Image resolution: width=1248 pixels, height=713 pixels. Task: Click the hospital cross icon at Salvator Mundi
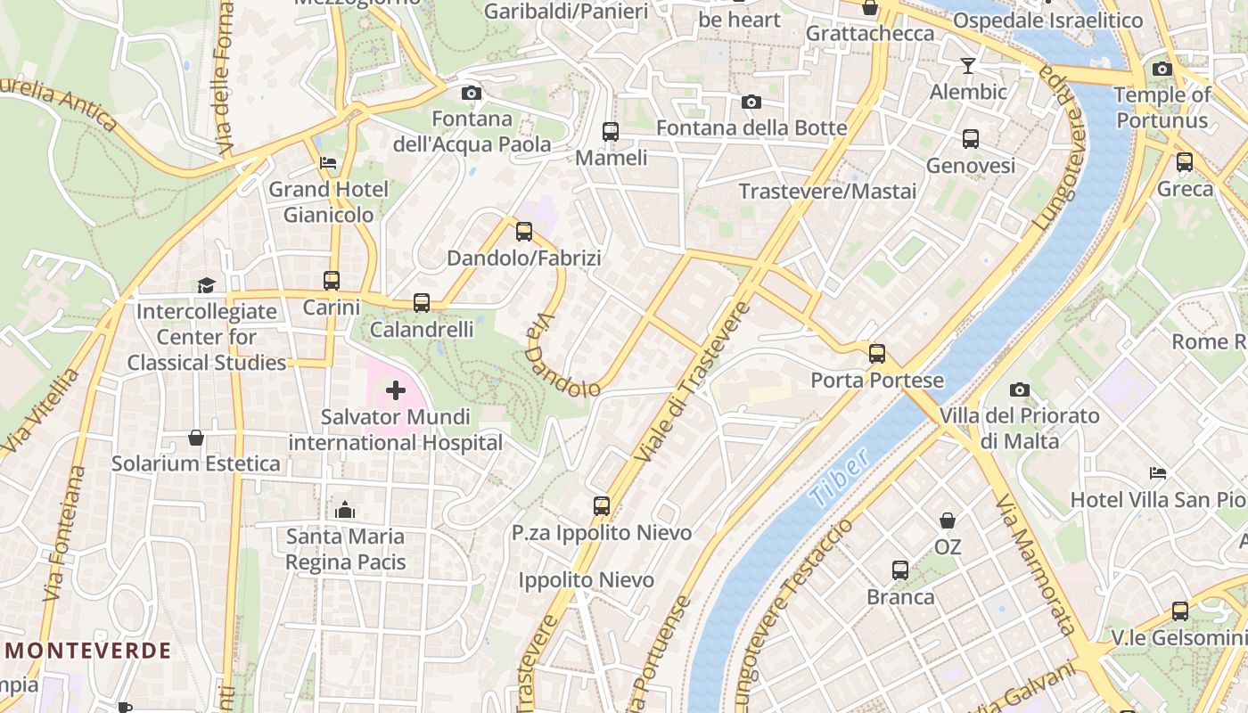396,390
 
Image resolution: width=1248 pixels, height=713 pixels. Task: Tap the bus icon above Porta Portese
877,354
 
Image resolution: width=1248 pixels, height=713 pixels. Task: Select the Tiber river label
841,479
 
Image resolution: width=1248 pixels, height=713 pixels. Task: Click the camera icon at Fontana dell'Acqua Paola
472,93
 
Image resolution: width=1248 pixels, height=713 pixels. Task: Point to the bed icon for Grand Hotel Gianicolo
328,163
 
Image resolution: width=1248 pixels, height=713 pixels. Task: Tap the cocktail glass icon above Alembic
968,66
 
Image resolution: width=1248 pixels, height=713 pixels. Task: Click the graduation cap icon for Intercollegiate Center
206,285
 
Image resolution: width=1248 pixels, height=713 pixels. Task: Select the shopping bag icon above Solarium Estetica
196,438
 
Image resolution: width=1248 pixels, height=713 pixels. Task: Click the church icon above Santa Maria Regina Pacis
345,510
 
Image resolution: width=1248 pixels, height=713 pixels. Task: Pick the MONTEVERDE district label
87,651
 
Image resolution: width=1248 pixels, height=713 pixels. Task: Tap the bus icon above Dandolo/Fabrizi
524,232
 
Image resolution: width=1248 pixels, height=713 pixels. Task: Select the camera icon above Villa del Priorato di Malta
1020,389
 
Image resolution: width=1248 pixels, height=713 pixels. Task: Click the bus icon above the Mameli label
611,132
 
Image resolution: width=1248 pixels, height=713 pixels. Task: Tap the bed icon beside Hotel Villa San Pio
1158,473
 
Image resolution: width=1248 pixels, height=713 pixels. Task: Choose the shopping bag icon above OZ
948,520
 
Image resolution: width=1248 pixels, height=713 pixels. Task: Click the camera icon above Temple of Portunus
1162,69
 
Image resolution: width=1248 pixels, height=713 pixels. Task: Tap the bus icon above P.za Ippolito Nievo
602,506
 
